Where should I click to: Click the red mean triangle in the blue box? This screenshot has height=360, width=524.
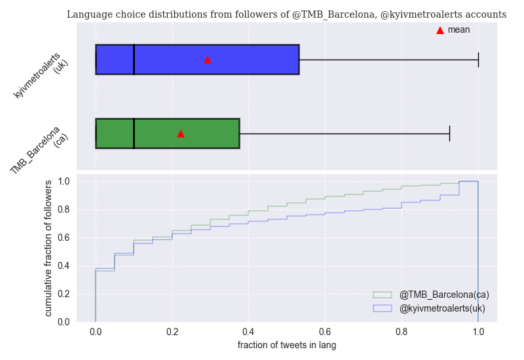(x=208, y=60)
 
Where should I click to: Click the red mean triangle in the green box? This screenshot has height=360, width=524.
(x=181, y=134)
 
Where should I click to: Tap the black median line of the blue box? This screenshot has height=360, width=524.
(x=134, y=60)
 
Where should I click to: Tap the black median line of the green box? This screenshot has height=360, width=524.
(x=134, y=134)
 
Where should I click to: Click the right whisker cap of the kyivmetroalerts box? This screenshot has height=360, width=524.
(x=478, y=60)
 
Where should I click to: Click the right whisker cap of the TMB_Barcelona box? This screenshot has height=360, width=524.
(x=449, y=134)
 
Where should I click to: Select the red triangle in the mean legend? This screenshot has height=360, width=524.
(x=440, y=30)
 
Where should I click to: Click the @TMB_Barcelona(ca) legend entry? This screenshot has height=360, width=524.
(x=444, y=295)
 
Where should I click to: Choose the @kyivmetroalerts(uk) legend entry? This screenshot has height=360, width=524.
(x=442, y=308)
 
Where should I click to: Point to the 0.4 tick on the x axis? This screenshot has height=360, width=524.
(x=249, y=332)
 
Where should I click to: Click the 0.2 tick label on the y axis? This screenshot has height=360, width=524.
(x=64, y=294)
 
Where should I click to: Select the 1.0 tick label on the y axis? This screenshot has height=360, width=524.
(x=64, y=181)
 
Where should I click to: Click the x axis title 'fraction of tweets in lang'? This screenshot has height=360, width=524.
(x=287, y=345)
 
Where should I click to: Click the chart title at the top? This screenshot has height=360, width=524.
(x=286, y=14)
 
